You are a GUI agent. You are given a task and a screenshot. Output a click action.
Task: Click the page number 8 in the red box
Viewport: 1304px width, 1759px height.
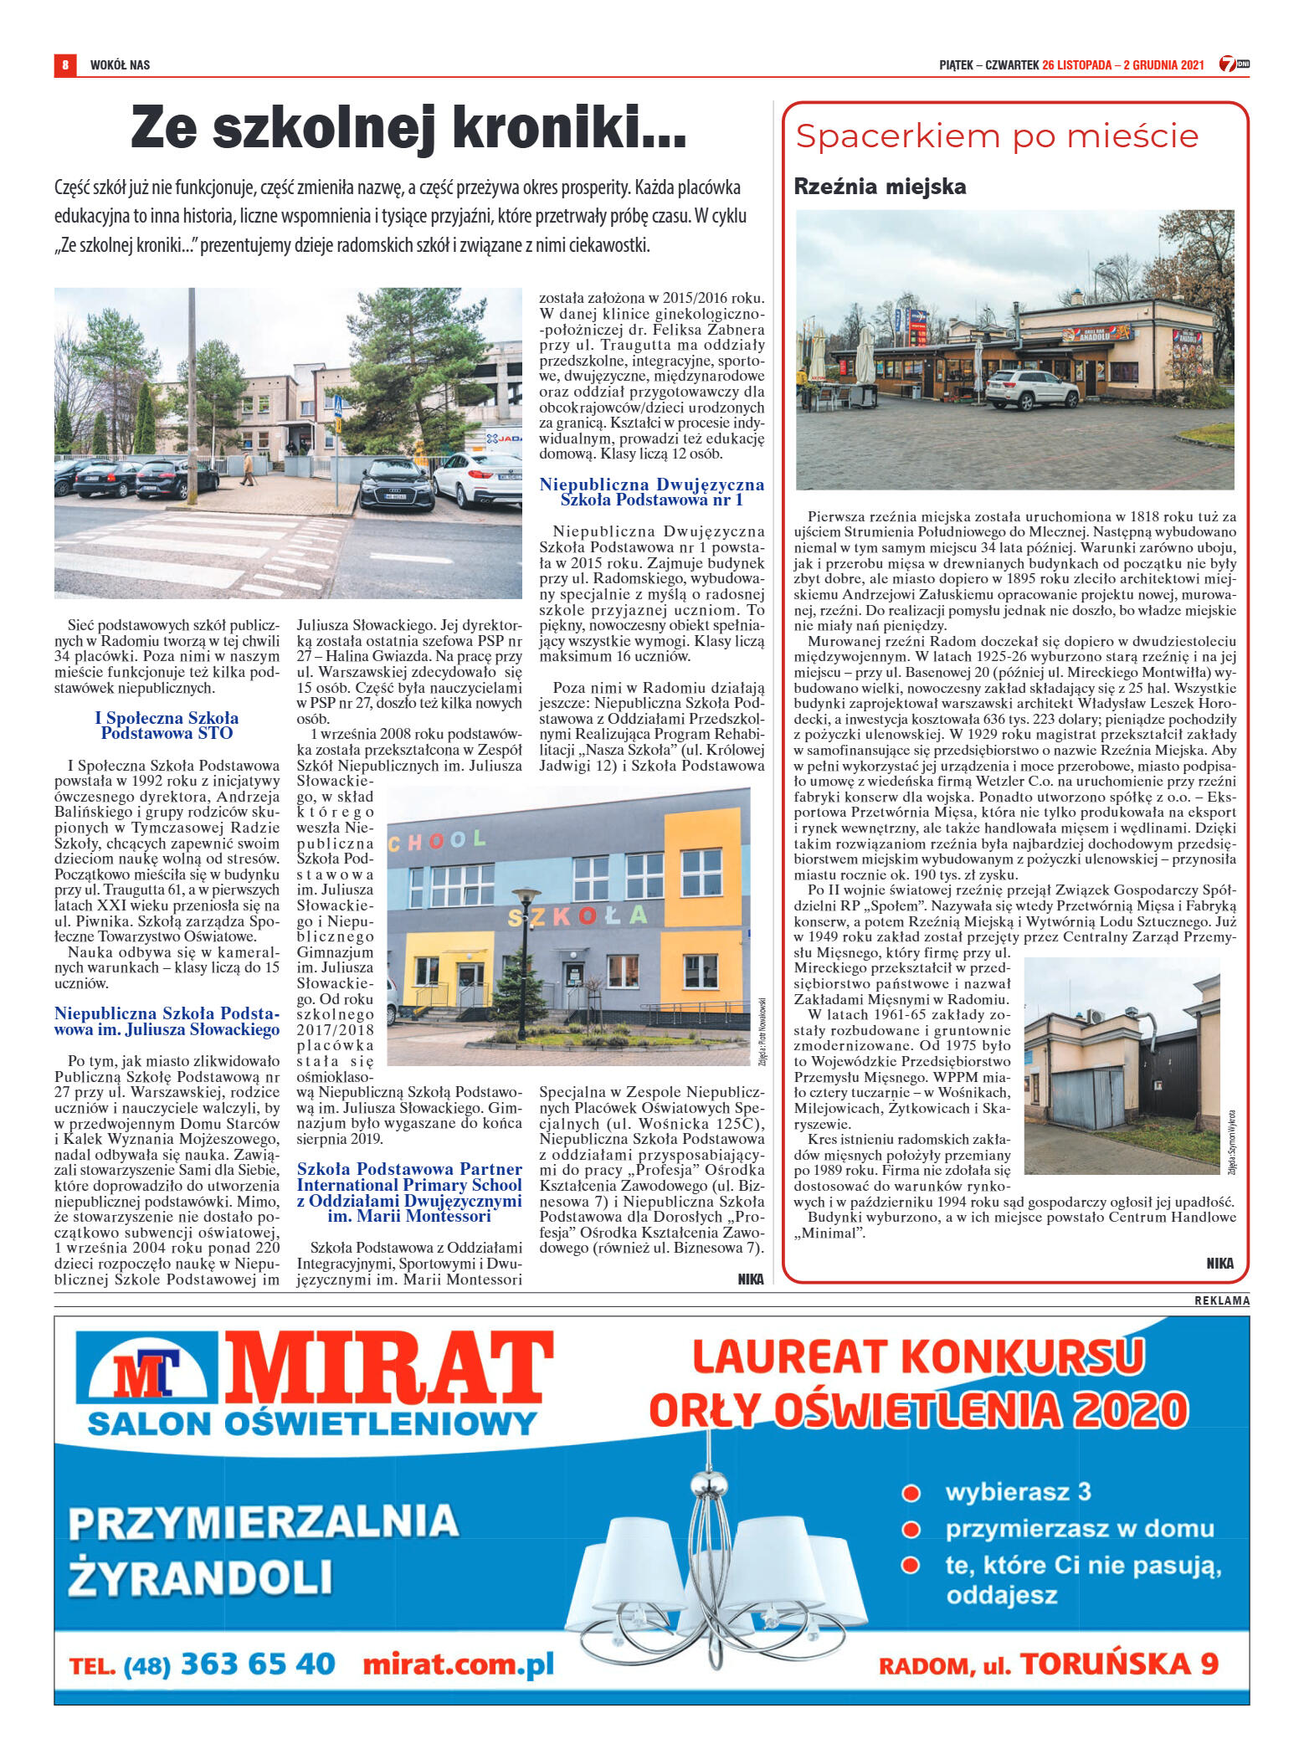[x=64, y=64]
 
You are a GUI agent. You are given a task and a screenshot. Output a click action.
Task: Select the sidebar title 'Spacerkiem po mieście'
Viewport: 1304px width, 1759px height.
[x=997, y=136]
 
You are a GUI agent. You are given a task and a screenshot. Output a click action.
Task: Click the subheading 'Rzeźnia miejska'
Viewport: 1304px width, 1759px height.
[x=880, y=187]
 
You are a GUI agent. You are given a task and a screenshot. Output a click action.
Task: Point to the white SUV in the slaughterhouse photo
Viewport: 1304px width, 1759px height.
[x=1031, y=389]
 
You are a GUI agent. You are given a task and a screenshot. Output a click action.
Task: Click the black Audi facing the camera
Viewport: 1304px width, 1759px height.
[x=396, y=484]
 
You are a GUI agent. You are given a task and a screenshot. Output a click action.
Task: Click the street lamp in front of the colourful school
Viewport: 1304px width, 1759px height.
[x=525, y=962]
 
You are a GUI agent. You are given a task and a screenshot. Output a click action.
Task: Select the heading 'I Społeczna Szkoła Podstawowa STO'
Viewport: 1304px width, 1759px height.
[x=167, y=726]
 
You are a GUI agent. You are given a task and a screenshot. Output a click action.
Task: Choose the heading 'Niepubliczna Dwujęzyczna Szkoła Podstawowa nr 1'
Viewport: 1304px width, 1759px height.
[x=651, y=492]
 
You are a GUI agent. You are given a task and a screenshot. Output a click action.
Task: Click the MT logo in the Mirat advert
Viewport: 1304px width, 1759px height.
[x=147, y=1373]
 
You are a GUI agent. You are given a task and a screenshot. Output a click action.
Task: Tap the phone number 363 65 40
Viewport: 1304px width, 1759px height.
[x=258, y=1664]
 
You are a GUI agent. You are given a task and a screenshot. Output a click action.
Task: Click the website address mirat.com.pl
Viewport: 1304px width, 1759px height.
[x=458, y=1664]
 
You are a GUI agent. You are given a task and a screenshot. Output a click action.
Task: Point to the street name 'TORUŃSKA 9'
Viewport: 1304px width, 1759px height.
[x=1118, y=1664]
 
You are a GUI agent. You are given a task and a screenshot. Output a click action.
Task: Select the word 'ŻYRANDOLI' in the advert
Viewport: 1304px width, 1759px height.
[x=201, y=1577]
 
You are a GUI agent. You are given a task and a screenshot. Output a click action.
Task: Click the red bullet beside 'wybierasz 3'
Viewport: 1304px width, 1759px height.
[x=911, y=1493]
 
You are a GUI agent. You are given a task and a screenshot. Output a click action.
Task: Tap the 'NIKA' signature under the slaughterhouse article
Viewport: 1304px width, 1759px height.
[x=1219, y=1264]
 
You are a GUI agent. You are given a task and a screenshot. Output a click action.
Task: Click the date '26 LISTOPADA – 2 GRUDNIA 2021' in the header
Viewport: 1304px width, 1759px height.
[x=1122, y=65]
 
